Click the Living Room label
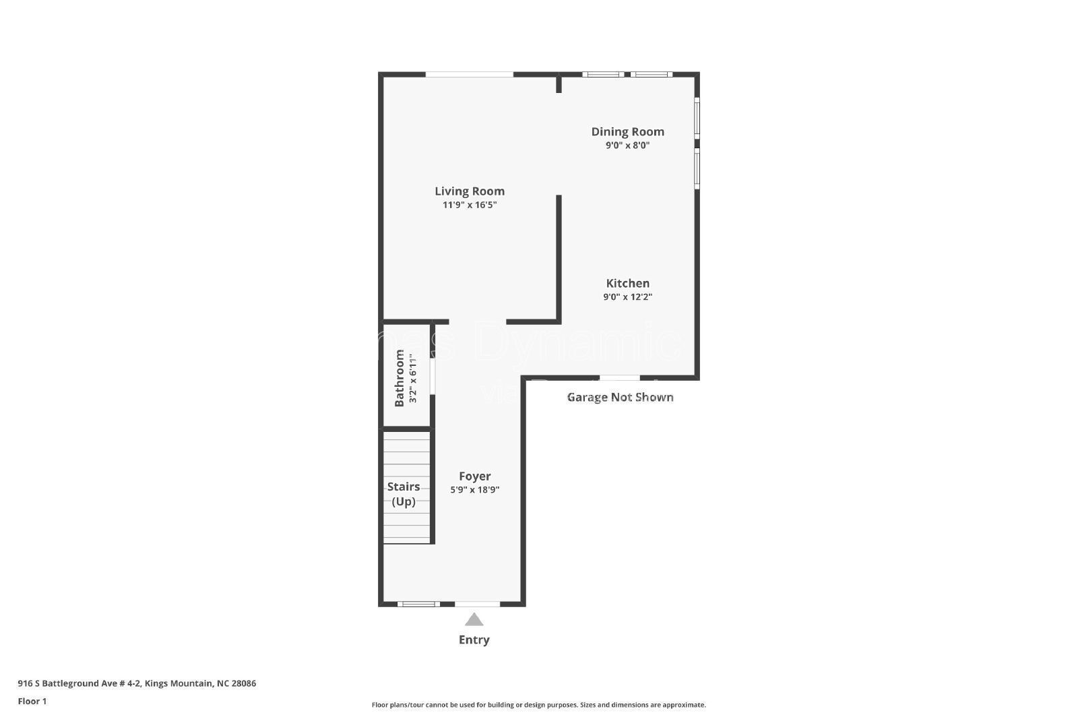(469, 191)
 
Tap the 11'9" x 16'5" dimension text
(469, 205)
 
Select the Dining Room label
(627, 132)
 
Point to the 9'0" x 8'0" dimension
(627, 146)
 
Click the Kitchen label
(627, 284)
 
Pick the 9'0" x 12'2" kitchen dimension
(627, 297)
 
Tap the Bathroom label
(400, 378)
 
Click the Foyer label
(474, 476)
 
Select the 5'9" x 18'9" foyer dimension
(474, 490)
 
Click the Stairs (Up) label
(403, 494)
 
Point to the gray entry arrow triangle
(474, 620)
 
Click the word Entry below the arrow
(474, 640)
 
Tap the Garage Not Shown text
(620, 398)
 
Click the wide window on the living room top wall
(469, 74)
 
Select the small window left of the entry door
(418, 604)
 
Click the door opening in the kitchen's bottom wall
(619, 378)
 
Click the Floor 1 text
(32, 701)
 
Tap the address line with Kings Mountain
(137, 683)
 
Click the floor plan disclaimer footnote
(538, 705)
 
